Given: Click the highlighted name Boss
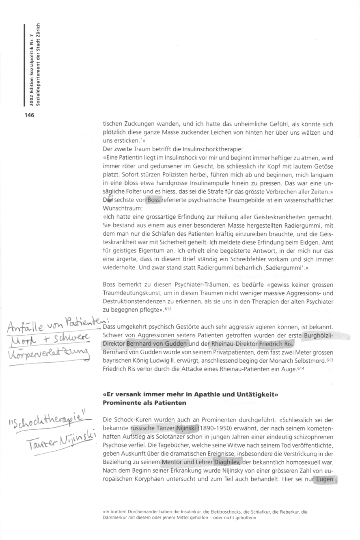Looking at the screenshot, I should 154,200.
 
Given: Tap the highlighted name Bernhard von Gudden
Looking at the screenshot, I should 156,344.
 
